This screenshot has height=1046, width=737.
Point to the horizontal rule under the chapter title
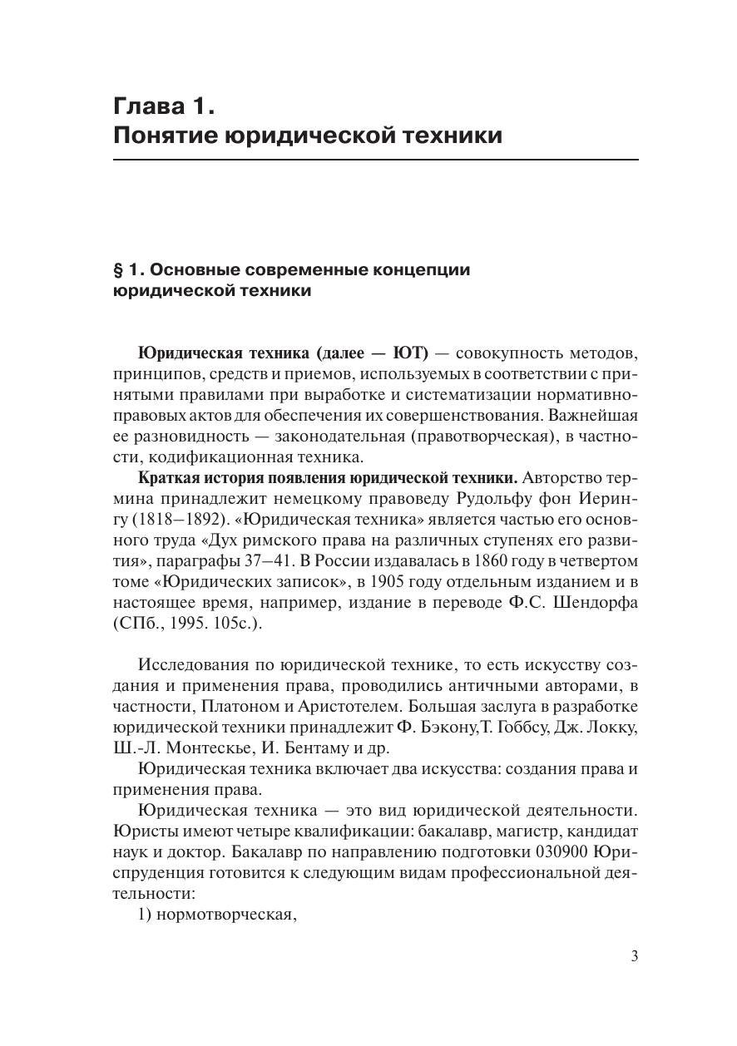(375, 159)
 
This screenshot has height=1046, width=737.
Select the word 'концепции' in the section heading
(424, 270)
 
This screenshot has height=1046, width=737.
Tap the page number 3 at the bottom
(634, 956)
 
